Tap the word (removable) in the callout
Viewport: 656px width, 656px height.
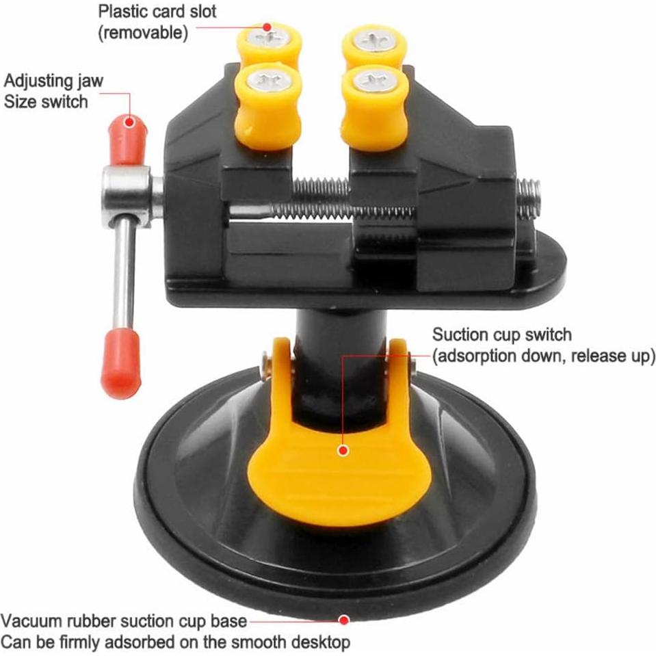point(143,33)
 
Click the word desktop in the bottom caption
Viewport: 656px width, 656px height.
point(321,643)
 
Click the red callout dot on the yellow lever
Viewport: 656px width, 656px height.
point(343,451)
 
